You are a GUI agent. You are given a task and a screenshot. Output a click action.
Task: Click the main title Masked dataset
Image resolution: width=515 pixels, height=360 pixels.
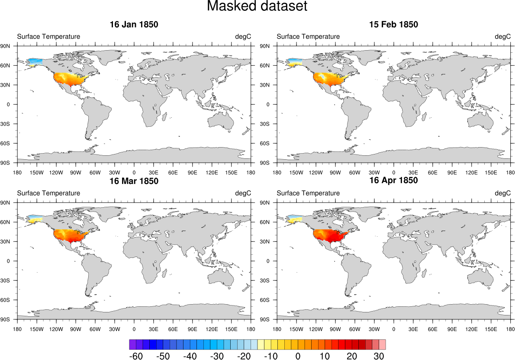click(x=257, y=6)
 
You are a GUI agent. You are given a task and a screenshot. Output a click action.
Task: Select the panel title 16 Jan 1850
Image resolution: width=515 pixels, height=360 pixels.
click(x=134, y=25)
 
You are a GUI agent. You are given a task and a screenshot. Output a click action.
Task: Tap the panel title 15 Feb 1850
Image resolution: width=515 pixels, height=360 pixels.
click(x=393, y=25)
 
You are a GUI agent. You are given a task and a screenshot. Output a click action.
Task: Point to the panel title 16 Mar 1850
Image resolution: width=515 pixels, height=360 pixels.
click(x=134, y=181)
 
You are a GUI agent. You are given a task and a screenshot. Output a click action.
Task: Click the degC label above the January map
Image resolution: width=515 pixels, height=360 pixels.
click(x=243, y=36)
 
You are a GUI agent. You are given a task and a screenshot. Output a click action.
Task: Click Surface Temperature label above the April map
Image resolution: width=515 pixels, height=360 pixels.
click(x=308, y=193)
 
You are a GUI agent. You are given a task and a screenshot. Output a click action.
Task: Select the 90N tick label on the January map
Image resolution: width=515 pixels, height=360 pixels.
click(x=10, y=46)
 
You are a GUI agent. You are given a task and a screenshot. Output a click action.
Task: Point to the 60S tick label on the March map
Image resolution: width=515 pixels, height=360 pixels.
click(x=10, y=300)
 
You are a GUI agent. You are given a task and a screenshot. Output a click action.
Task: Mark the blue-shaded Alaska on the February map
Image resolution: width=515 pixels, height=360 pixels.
click(x=295, y=61)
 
